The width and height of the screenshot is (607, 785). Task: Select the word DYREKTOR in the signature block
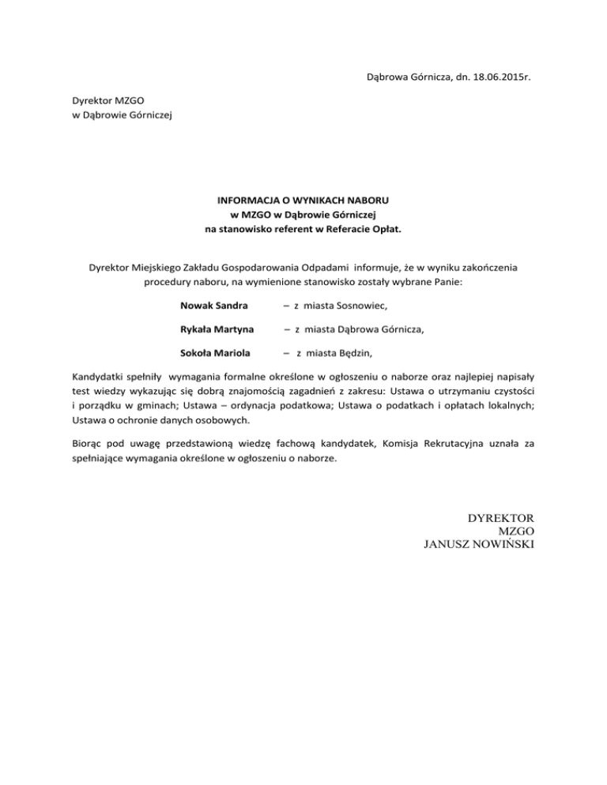501,519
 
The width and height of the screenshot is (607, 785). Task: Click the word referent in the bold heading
285,229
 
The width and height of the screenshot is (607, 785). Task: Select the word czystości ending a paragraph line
510,391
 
